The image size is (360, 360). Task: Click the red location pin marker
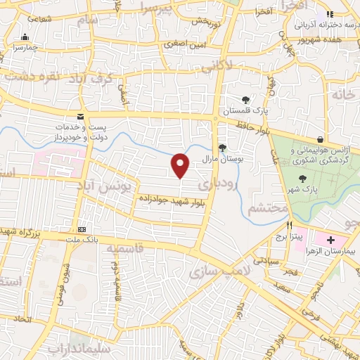(181, 165)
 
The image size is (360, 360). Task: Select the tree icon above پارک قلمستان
(245, 100)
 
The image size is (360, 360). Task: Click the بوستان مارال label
(223, 159)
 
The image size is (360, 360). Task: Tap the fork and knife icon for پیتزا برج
(288, 226)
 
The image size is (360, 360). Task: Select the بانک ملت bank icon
(82, 229)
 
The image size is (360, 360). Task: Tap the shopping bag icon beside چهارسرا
(25, 37)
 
